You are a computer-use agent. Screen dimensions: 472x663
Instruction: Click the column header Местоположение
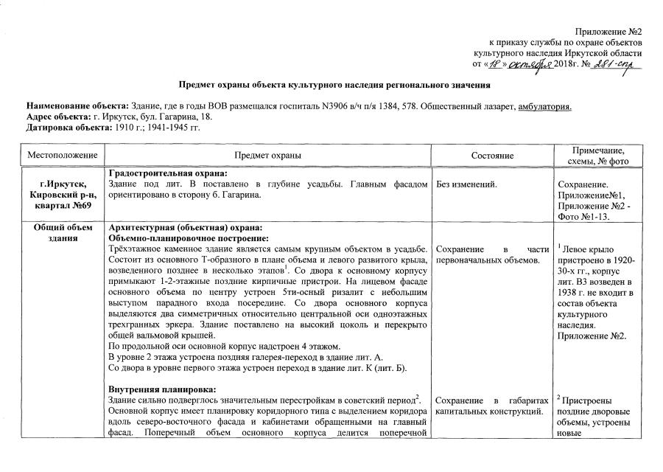tap(63, 156)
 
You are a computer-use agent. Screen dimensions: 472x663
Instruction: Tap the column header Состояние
tap(491, 156)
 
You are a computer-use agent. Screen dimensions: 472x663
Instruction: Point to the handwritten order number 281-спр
tap(613, 65)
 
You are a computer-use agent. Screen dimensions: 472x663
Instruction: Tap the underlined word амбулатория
tap(545, 107)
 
